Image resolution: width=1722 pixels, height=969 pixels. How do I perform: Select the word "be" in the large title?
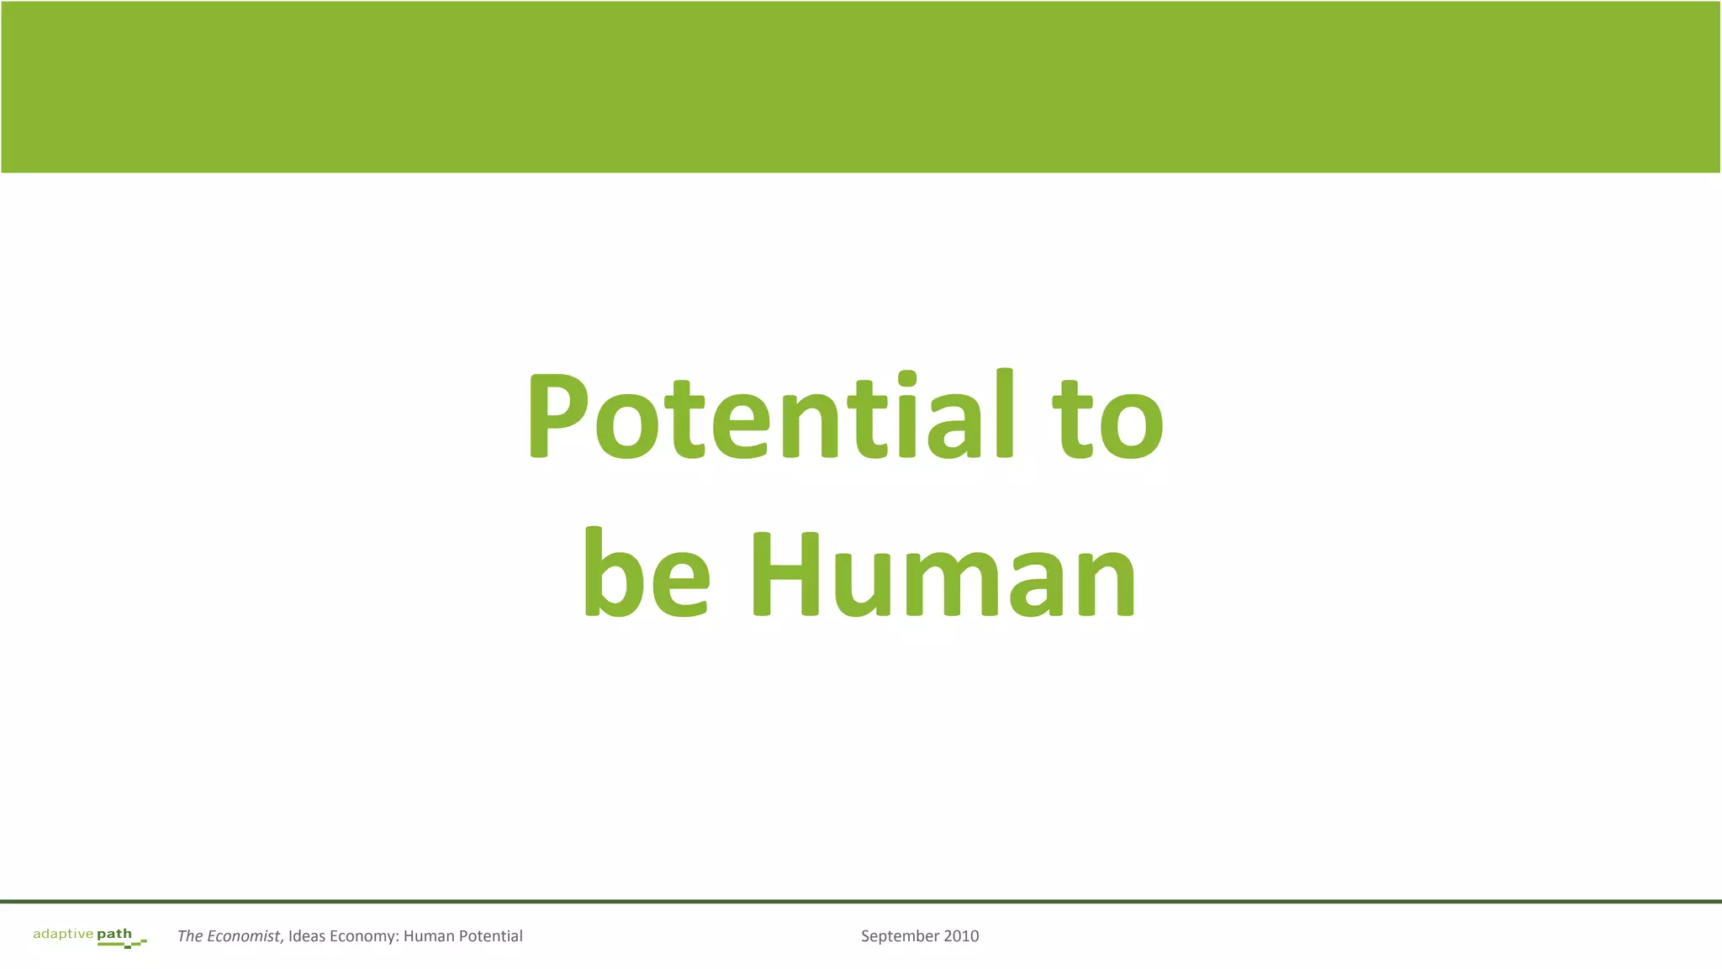[x=646, y=573]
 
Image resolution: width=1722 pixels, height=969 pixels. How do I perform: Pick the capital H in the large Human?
[x=784, y=575]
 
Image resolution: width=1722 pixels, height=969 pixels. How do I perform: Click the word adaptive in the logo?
[x=63, y=934]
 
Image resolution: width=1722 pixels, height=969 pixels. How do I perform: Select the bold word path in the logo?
[x=114, y=934]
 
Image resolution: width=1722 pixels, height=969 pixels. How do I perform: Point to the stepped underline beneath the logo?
[x=123, y=944]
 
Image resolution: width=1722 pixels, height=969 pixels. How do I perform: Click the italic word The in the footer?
[x=190, y=936]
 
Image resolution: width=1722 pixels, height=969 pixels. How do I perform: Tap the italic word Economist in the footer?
[x=243, y=936]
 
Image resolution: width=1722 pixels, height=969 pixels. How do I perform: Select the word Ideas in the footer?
[x=307, y=936]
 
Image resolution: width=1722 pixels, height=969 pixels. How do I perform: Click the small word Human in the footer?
[x=429, y=936]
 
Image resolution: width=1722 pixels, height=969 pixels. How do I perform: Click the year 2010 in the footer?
[x=961, y=936]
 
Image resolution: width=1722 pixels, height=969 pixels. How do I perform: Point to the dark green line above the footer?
[x=861, y=902]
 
